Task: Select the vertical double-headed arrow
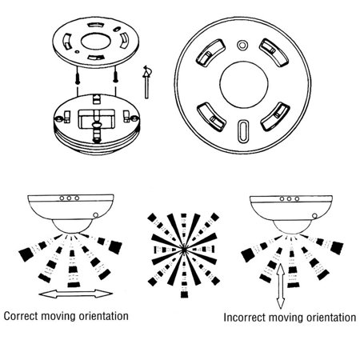tap(280, 289)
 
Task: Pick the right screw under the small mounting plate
tap(118, 78)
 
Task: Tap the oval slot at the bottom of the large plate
tap(242, 130)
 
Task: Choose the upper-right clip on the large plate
tap(278, 58)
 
